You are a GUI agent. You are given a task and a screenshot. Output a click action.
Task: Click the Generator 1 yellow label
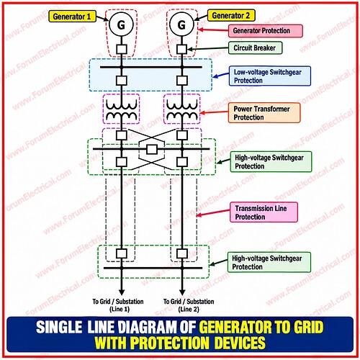click(x=72, y=17)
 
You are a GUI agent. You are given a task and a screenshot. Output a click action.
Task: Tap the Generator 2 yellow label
click(x=231, y=16)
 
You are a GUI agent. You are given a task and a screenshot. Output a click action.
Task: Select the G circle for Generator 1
click(x=121, y=24)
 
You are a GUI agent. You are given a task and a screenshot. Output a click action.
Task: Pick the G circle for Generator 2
click(x=181, y=24)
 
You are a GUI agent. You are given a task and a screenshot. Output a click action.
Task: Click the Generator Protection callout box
click(x=265, y=31)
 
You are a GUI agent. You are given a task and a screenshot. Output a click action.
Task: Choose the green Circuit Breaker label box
click(x=255, y=48)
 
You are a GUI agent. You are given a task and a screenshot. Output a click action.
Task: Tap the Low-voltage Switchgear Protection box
click(x=269, y=76)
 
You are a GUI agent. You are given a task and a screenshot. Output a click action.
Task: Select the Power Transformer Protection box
click(x=264, y=113)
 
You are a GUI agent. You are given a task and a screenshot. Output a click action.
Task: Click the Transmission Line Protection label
click(x=264, y=212)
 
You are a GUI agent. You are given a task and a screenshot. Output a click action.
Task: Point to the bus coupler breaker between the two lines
click(x=152, y=149)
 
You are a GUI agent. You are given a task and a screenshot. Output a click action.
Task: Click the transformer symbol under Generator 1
click(x=121, y=109)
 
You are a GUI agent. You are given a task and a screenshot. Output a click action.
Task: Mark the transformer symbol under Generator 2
click(x=181, y=109)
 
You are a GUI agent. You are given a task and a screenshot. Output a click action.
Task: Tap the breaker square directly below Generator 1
click(x=122, y=49)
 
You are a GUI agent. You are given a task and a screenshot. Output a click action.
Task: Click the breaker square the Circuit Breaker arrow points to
click(x=181, y=49)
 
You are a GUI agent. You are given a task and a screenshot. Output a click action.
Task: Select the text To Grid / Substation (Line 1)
click(x=118, y=305)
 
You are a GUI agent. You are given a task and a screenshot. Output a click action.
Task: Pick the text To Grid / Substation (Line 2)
click(x=189, y=305)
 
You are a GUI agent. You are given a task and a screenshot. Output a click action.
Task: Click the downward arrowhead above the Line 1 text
click(x=122, y=292)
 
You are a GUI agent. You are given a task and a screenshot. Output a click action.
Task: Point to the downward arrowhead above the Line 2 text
click(x=182, y=292)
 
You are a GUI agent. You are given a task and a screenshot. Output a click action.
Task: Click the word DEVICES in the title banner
click(x=240, y=343)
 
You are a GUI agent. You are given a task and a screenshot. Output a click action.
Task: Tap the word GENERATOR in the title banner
click(x=235, y=327)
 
